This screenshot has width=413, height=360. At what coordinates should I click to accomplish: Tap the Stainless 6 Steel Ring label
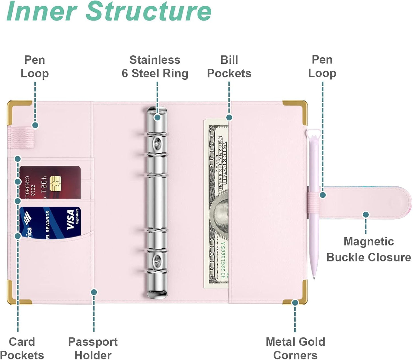[155, 67]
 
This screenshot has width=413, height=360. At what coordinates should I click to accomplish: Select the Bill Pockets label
[229, 67]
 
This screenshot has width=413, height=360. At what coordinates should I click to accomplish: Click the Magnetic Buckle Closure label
[368, 249]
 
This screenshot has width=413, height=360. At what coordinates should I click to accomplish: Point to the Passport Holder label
[93, 348]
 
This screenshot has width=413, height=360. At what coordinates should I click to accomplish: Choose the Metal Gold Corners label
[295, 348]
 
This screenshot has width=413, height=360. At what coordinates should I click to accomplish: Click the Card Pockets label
[22, 348]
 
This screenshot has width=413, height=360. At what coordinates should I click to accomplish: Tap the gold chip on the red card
[55, 183]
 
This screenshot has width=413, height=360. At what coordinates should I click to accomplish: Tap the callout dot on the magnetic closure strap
[366, 214]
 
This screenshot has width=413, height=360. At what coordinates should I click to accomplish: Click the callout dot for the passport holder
[94, 292]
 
